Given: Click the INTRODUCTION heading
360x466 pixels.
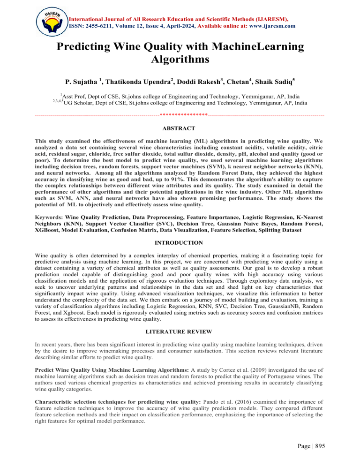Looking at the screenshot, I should [180, 243].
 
